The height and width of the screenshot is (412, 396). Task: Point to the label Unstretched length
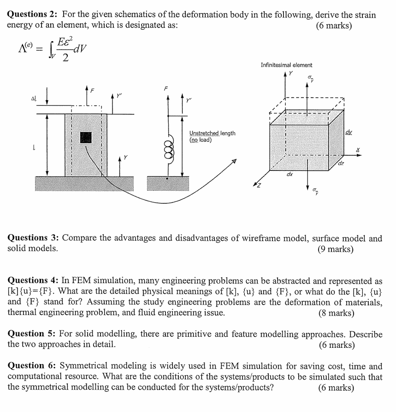click(x=213, y=133)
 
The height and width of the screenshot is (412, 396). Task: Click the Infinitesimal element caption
click(x=286, y=65)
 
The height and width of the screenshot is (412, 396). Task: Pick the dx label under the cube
click(x=289, y=175)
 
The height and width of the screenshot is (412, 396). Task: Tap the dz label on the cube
click(x=340, y=164)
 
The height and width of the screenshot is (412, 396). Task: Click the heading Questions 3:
click(x=35, y=238)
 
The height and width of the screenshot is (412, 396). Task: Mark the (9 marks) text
click(x=336, y=249)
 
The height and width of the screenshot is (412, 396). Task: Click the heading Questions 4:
click(x=35, y=281)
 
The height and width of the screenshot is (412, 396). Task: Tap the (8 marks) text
click(x=336, y=313)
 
